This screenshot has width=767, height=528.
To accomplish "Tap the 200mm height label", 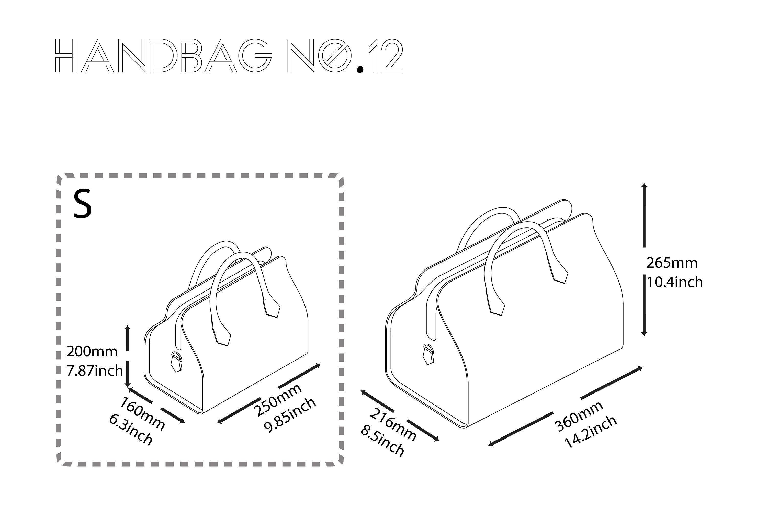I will [x=92, y=351].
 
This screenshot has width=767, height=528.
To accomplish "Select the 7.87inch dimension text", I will [x=95, y=371].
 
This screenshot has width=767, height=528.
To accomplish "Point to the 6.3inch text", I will [x=131, y=429].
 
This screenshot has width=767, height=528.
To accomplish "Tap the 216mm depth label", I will [x=393, y=425].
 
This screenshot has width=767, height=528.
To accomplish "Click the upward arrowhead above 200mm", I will [x=128, y=328].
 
